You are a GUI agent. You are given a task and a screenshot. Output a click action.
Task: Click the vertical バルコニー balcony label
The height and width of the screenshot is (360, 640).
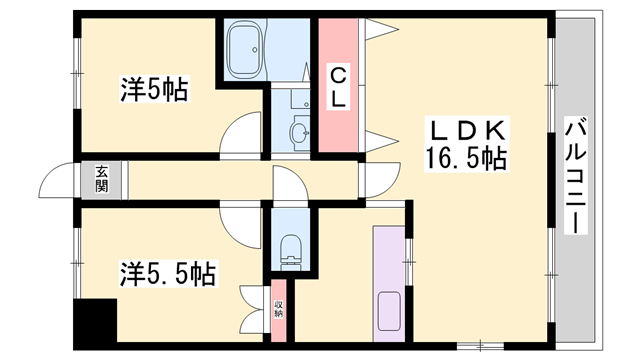576,176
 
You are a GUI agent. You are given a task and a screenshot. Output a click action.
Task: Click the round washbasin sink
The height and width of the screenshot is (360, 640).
299,131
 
